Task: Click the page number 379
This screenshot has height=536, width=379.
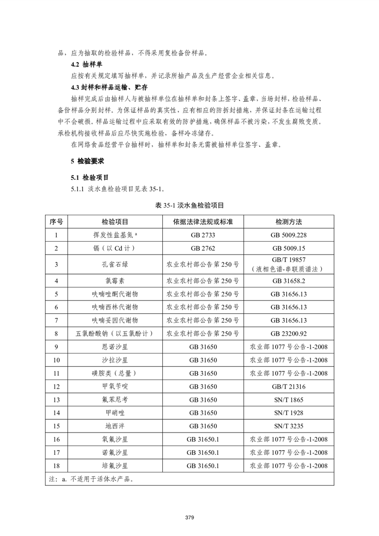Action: tap(189, 516)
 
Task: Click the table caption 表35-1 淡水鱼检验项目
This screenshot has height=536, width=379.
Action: tap(189, 205)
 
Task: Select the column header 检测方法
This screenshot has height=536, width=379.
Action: tap(288, 221)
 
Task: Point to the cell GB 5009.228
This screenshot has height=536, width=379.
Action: tap(288, 234)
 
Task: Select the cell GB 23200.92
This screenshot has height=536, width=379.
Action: tap(288, 333)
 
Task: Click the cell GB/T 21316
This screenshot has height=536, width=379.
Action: tap(288, 386)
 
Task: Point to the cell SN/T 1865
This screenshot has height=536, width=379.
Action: tap(288, 399)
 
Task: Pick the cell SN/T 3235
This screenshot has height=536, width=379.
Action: tap(288, 426)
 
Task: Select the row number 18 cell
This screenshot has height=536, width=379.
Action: tap(57, 465)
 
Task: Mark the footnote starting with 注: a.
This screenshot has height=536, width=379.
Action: tap(90, 479)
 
